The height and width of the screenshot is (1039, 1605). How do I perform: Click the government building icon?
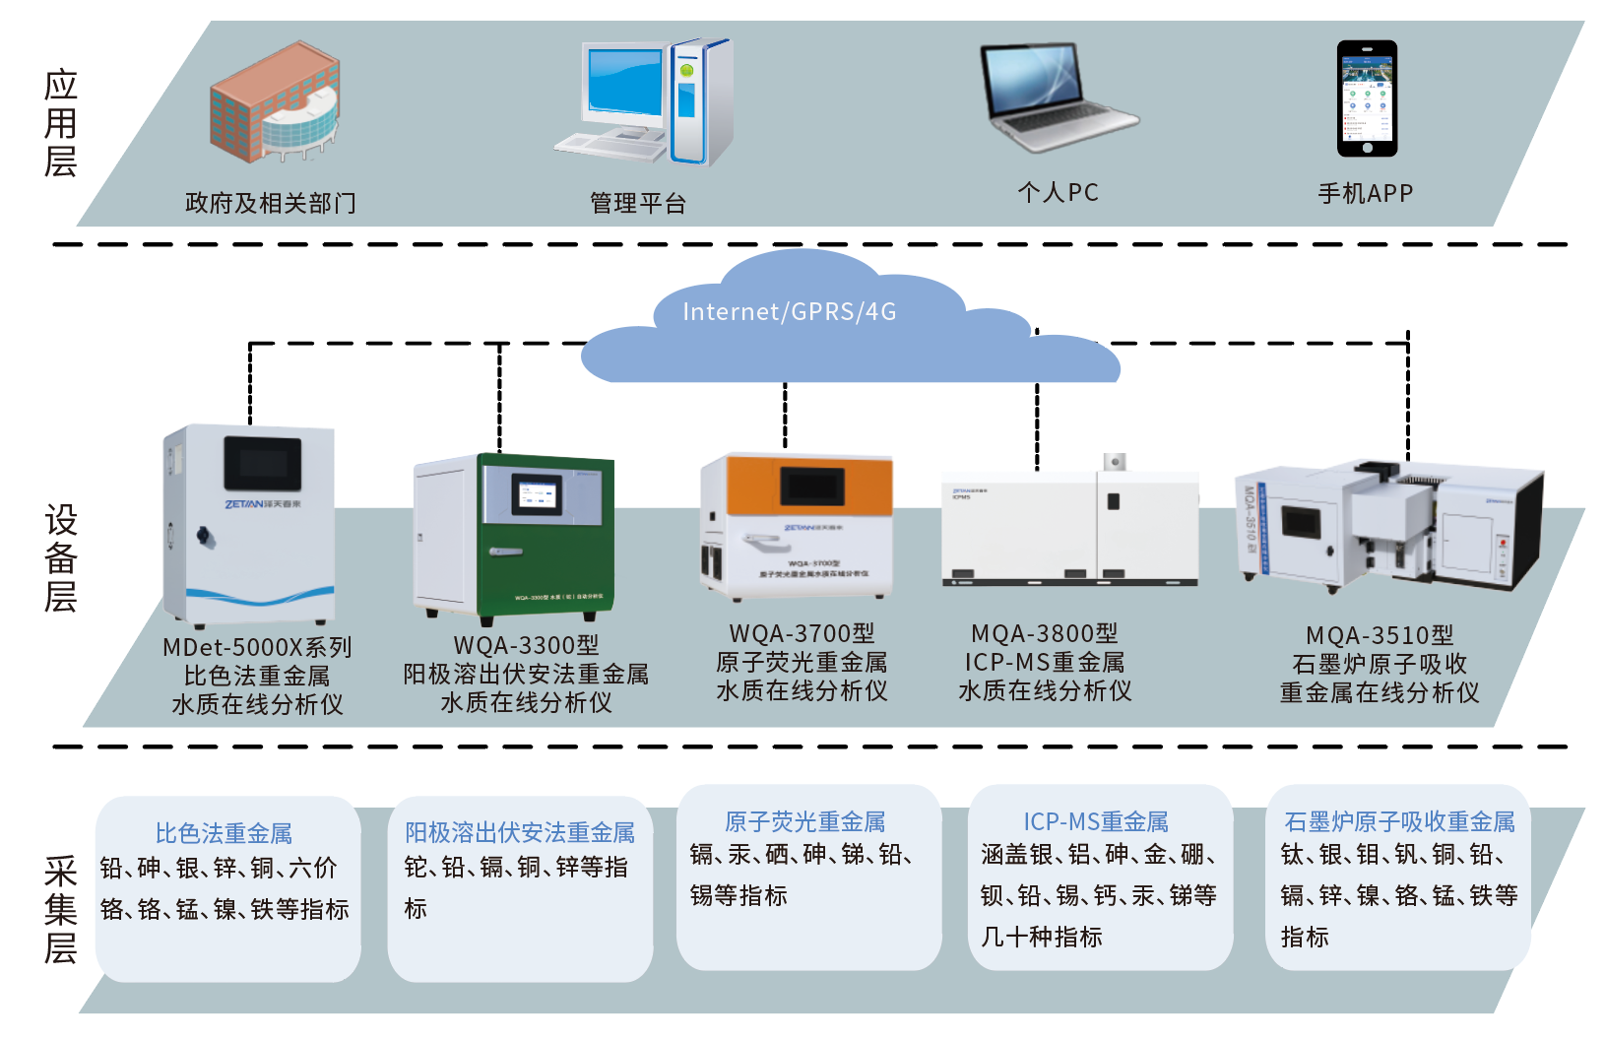click(275, 102)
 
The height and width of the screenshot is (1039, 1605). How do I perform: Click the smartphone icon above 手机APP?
click(1367, 98)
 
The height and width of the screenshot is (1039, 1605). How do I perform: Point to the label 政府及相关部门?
click(271, 204)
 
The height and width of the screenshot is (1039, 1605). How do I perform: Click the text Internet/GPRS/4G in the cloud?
click(790, 312)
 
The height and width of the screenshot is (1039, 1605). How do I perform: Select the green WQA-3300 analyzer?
click(514, 537)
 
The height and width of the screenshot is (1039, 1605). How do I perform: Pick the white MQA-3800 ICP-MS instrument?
click(1070, 527)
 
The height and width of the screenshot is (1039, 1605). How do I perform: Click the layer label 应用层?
click(60, 124)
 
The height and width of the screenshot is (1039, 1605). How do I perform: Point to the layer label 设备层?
click(60, 558)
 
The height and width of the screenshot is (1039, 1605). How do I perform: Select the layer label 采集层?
click(60, 909)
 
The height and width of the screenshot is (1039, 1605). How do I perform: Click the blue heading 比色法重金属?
click(224, 834)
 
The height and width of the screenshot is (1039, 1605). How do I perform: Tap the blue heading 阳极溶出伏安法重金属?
click(520, 833)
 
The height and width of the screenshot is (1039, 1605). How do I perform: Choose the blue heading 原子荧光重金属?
click(805, 822)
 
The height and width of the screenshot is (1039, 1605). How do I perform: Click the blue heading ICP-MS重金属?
click(1096, 822)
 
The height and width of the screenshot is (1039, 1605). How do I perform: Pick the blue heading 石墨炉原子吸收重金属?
click(1399, 822)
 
